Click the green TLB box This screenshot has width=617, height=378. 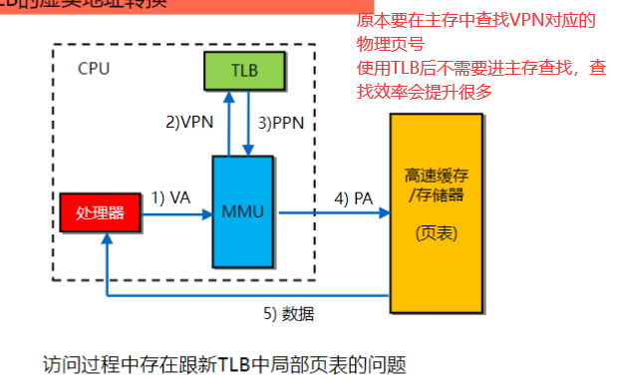[x=245, y=71]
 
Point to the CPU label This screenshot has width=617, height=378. [x=94, y=69]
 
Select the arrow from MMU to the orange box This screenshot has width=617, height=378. [x=334, y=212]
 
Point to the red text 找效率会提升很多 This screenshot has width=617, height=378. [x=425, y=91]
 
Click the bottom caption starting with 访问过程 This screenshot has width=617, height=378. [x=225, y=362]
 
